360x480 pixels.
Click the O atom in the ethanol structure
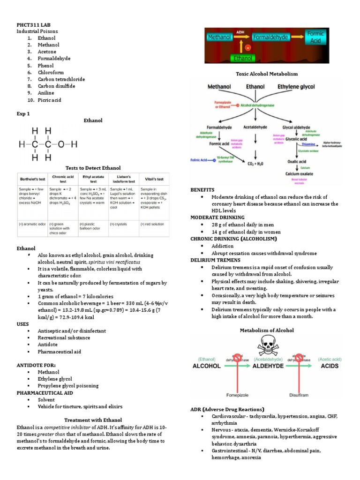[x=61, y=144]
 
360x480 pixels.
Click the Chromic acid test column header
[x=63, y=179]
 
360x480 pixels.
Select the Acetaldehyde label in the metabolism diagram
[x=255, y=127]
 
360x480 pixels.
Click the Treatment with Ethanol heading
[x=93, y=420]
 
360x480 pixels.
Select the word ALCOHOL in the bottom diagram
[x=207, y=366]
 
